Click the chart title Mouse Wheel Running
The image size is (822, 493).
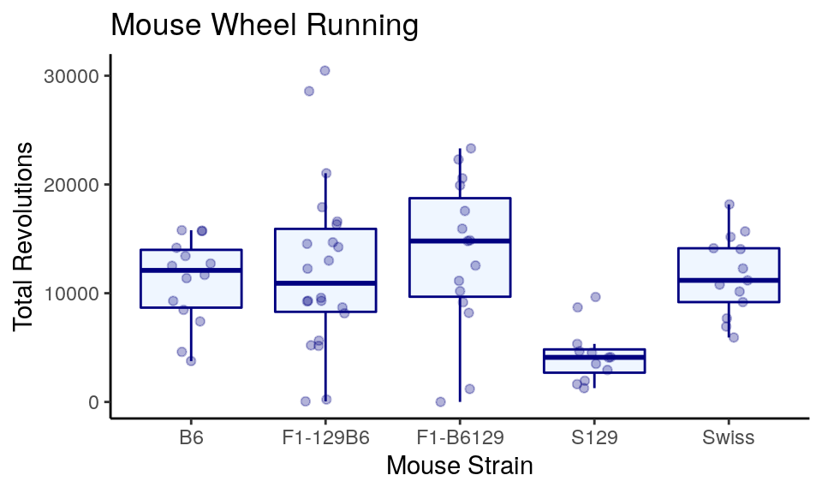click(265, 26)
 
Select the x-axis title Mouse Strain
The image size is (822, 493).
click(459, 466)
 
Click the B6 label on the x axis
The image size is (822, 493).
click(191, 438)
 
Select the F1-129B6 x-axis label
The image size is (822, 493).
click(325, 438)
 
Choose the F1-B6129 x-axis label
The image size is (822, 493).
click(460, 438)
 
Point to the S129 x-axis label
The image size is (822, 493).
click(594, 438)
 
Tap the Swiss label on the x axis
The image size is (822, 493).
click(729, 438)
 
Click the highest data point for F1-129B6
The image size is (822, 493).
click(325, 70)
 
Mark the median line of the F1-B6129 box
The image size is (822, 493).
click(460, 241)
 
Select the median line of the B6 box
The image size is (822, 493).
click(191, 270)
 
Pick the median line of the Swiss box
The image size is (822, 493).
click(729, 280)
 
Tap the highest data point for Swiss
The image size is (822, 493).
click(730, 205)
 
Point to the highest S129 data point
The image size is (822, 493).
click(596, 297)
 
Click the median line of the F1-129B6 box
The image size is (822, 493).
click(325, 283)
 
